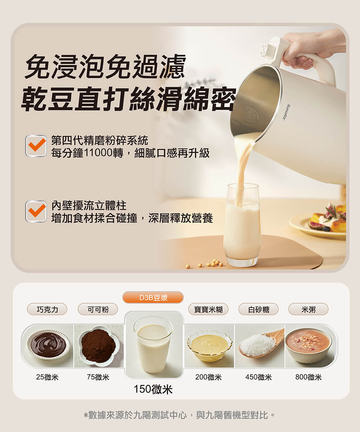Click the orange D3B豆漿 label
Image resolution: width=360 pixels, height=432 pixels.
[153, 297]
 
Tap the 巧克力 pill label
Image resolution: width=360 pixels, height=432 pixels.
[47, 309]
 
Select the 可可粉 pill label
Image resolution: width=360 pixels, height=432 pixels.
[98, 309]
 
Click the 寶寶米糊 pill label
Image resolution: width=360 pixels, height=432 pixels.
[208, 309]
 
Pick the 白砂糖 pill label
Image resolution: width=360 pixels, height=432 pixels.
[258, 309]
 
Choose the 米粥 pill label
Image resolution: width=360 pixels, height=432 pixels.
[309, 309]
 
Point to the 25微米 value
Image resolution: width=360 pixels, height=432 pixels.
[47, 377]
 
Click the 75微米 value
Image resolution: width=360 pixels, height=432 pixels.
[98, 377]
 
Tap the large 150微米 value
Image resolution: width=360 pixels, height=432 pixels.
[153, 389]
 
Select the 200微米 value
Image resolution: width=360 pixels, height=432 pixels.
[208, 377]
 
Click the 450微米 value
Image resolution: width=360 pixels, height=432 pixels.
[258, 377]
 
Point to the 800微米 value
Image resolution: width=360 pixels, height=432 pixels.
[309, 377]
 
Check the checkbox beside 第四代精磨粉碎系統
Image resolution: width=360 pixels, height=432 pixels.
[36, 146]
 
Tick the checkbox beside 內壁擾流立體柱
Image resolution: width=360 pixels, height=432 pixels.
[36, 211]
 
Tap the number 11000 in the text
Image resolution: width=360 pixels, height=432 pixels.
[98, 153]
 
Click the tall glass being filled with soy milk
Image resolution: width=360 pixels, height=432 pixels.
[242, 225]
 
